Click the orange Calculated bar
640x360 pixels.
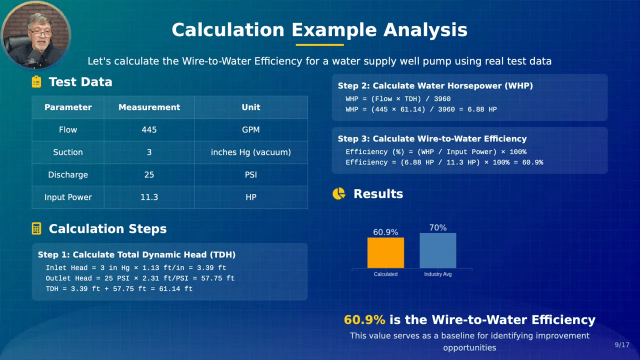tap(385, 252)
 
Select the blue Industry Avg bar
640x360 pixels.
tap(437, 250)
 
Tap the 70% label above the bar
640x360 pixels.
tap(437, 227)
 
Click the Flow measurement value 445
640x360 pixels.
tap(149, 129)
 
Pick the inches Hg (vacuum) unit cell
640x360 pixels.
tap(251, 152)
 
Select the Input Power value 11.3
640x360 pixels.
tap(149, 197)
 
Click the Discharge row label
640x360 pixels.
tap(68, 175)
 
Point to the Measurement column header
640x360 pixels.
tap(149, 107)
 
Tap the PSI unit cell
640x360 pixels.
tap(251, 174)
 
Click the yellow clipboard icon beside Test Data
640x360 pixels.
tap(36, 81)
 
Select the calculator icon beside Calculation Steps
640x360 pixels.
tap(36, 228)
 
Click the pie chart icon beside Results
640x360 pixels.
tap(339, 193)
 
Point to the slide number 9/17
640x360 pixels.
tap(622, 345)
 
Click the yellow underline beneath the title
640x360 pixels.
tap(319, 45)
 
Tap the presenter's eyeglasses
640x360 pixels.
tap(41, 33)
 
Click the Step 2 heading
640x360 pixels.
tap(435, 85)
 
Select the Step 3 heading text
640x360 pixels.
tap(432, 139)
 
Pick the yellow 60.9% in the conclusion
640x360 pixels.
tap(364, 319)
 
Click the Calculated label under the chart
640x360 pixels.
tap(385, 274)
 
